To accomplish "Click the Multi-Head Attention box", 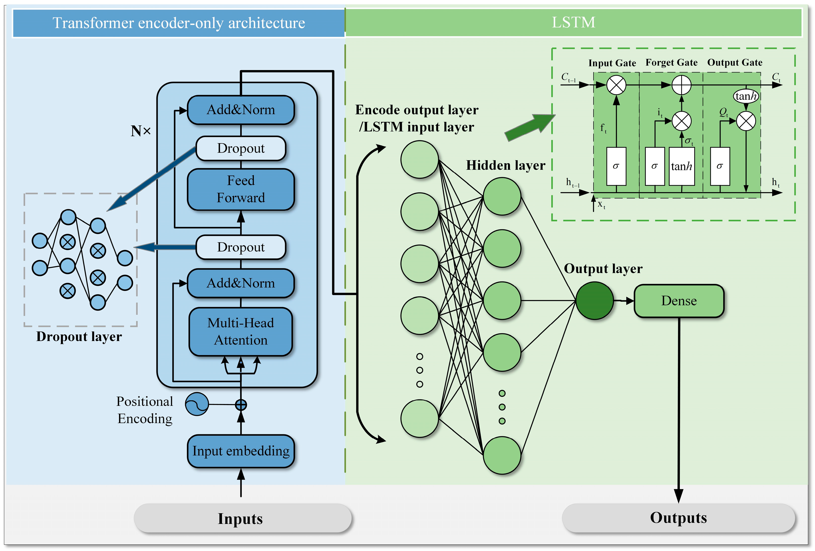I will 241,331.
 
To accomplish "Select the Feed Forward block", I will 241,189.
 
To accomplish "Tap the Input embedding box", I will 241,451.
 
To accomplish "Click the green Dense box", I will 679,301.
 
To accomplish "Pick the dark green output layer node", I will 595,301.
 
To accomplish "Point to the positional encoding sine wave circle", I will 197,404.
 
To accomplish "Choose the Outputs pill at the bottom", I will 678,518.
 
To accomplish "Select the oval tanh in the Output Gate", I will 746,96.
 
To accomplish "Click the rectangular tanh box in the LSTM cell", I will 681,166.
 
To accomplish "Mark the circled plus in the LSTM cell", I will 681,85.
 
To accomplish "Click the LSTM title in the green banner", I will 573,22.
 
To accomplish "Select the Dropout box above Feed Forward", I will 241,148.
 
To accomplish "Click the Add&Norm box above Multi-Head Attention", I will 241,283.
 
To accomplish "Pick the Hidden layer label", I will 505,165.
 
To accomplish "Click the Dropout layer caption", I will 79,337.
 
